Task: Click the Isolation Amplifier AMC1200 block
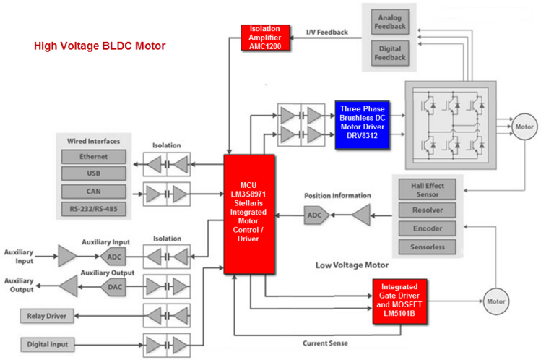(x=266, y=38)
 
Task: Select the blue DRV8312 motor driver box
(x=363, y=124)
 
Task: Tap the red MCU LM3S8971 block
(x=248, y=214)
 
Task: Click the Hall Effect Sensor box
(x=427, y=190)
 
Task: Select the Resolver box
(x=427, y=210)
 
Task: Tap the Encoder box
(x=427, y=228)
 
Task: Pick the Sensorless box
(x=427, y=247)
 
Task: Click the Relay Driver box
(x=46, y=316)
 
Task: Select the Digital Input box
(x=46, y=343)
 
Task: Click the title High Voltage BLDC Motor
(x=100, y=46)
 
